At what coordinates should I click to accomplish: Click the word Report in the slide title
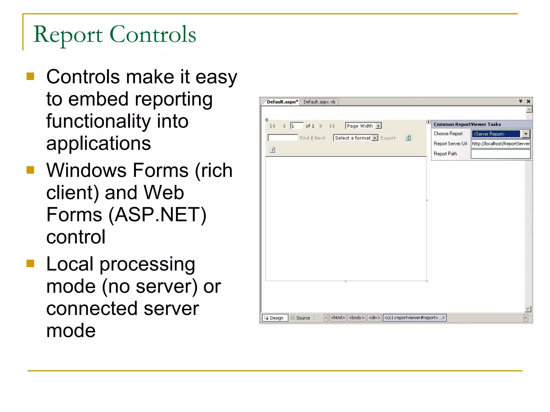point(68,35)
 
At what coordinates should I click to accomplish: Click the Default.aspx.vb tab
point(319,102)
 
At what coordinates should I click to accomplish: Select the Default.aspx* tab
point(282,102)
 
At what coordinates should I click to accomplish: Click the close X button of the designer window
point(528,101)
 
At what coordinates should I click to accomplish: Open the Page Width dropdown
point(378,126)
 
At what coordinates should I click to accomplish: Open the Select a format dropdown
point(375,138)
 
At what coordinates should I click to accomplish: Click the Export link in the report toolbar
point(388,138)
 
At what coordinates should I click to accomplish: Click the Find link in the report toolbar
point(304,138)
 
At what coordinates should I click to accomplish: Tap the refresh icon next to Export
point(408,138)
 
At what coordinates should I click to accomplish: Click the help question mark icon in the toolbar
point(272,150)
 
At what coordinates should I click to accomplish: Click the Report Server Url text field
point(500,144)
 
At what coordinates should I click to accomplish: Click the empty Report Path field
point(500,154)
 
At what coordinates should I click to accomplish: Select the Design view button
point(274,318)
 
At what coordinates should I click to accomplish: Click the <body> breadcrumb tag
point(356,318)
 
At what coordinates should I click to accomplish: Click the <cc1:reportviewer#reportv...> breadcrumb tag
point(414,318)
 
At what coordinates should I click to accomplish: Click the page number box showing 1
point(296,126)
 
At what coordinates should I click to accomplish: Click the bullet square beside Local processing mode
point(30,264)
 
